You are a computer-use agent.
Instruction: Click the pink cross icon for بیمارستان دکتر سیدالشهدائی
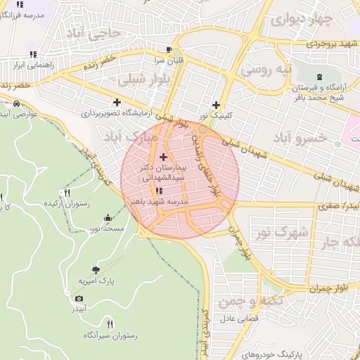click(x=164, y=156)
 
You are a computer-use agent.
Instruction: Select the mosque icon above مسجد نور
click(x=107, y=218)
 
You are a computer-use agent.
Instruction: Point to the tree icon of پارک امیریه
click(x=96, y=269)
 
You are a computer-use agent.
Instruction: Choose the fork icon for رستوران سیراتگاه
click(x=110, y=323)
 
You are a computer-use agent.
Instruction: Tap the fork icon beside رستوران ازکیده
click(x=67, y=193)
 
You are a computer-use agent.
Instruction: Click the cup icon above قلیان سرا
click(x=168, y=49)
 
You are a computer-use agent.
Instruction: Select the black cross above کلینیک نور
click(x=216, y=105)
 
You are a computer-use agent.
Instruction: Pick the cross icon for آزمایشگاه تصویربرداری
click(x=117, y=102)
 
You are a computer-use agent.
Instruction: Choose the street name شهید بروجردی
click(x=332, y=44)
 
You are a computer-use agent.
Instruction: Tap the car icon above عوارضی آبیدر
click(x=15, y=103)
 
